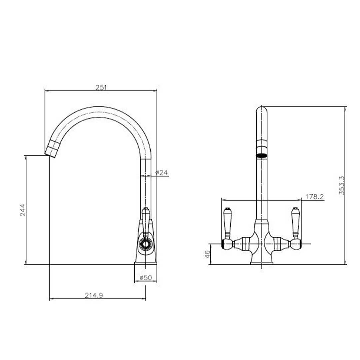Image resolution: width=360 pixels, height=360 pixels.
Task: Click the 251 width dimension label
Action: tap(101, 87)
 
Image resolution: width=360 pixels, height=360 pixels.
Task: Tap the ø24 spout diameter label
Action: tap(161, 172)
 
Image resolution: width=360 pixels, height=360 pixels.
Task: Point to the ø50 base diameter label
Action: tap(146, 277)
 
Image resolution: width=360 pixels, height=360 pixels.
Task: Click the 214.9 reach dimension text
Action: tap(94, 295)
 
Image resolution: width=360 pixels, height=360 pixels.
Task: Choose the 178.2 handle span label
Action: tap(314, 197)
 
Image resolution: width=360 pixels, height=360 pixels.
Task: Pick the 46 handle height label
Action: tap(207, 255)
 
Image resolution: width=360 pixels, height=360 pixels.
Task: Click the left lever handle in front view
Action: tap(227, 222)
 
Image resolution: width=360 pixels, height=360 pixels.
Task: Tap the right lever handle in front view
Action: tap(295, 222)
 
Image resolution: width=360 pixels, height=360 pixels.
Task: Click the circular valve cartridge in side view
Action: tap(145, 245)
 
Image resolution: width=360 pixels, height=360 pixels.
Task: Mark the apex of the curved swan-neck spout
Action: tap(98, 112)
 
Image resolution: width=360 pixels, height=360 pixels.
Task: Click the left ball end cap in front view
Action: tap(227, 244)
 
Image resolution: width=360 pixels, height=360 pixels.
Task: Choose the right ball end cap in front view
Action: tap(296, 244)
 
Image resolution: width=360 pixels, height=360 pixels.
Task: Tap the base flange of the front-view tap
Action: tap(262, 263)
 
